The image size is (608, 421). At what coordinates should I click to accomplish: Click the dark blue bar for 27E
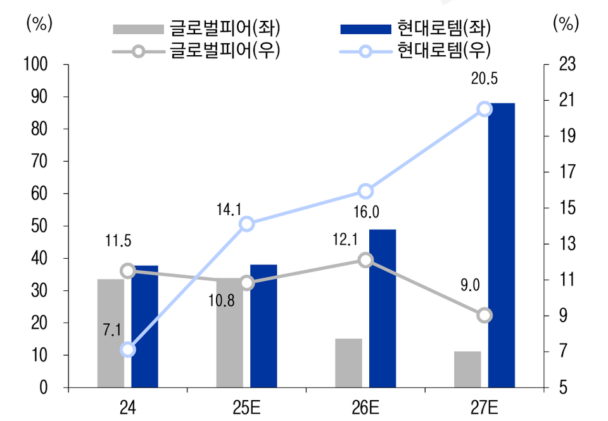click(501, 245)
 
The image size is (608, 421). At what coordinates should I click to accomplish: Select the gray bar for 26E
click(348, 363)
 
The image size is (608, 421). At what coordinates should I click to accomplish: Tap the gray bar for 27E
click(467, 369)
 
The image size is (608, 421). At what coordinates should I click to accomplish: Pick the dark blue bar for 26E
click(383, 308)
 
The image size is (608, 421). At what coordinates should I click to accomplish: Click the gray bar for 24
click(111, 333)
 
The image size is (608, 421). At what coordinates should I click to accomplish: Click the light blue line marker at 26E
click(365, 191)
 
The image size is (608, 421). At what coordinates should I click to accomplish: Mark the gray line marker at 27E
click(484, 315)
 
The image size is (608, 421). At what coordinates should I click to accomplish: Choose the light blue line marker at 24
click(128, 350)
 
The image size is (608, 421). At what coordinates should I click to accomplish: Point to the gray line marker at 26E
click(365, 260)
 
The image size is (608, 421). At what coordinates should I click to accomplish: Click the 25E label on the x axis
click(246, 406)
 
